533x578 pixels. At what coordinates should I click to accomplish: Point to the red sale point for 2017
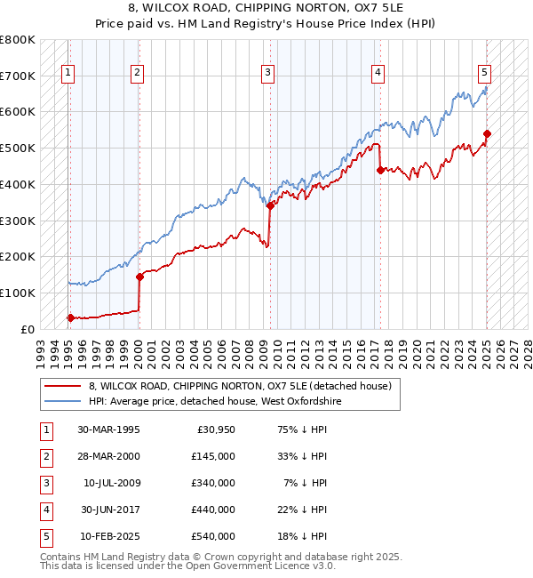click(x=380, y=169)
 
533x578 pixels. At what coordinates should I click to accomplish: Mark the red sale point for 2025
click(x=487, y=133)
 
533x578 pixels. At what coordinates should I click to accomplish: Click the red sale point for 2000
click(x=139, y=277)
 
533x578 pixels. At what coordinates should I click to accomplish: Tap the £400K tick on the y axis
click(x=18, y=184)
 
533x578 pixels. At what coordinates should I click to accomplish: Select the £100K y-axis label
click(x=18, y=293)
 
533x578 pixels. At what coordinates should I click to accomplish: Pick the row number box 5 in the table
click(x=44, y=536)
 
